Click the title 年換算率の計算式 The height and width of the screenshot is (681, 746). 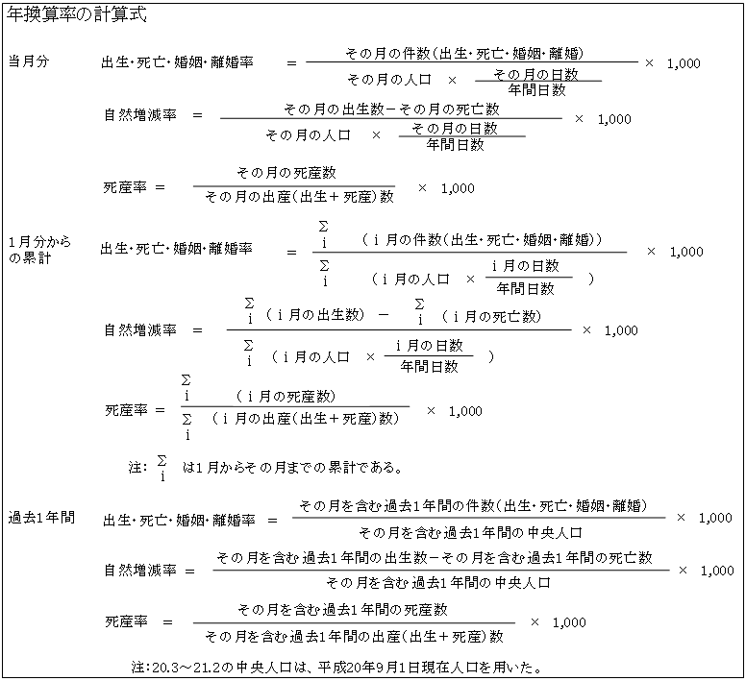pyautogui.click(x=77, y=14)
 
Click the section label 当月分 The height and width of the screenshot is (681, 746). pyautogui.click(x=29, y=61)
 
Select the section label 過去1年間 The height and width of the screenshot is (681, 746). pyautogui.click(x=41, y=517)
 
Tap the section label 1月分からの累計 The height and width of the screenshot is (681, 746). pyautogui.click(x=39, y=250)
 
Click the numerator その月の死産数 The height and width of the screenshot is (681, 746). pyautogui.click(x=286, y=172)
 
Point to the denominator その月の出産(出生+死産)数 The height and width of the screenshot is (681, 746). pyautogui.click(x=299, y=196)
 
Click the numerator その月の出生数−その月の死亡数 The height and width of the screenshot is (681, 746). pyautogui.click(x=391, y=109)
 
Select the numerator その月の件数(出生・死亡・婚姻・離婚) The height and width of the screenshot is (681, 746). pyautogui.click(x=464, y=53)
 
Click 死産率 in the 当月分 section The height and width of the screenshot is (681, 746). pyautogui.click(x=125, y=187)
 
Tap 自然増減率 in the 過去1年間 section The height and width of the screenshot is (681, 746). pyautogui.click(x=140, y=570)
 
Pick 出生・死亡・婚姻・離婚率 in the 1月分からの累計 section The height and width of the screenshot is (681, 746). pyautogui.click(x=176, y=248)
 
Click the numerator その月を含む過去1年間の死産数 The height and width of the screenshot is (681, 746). pyautogui.click(x=342, y=609)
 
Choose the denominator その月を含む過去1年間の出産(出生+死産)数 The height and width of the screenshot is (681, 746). pyautogui.click(x=354, y=636)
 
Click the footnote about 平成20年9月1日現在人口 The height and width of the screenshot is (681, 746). pyautogui.click(x=336, y=668)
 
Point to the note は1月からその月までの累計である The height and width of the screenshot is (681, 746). pyautogui.click(x=293, y=468)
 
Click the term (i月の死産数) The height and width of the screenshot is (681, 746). pyautogui.click(x=286, y=396)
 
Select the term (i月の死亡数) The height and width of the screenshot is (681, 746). pyautogui.click(x=491, y=316)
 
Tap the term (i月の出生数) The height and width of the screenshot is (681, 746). pyautogui.click(x=315, y=314)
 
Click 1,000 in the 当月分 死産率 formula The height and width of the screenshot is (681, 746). pyautogui.click(x=458, y=188)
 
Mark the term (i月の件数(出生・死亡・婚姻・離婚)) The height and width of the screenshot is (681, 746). pyautogui.click(x=482, y=239)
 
